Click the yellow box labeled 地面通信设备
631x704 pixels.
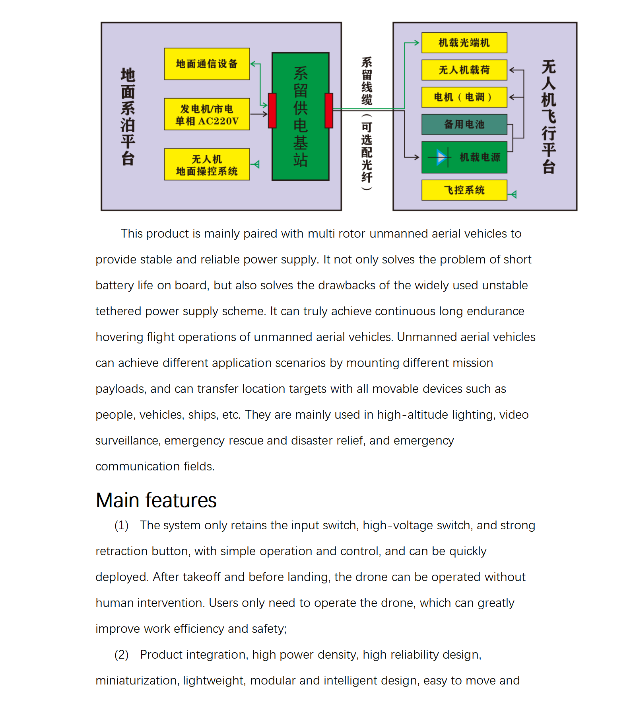point(207,64)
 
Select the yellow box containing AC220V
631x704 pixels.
point(207,114)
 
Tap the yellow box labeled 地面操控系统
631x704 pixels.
point(207,164)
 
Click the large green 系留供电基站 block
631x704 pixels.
point(301,117)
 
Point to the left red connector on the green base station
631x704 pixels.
point(272,111)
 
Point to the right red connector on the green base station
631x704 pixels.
point(329,111)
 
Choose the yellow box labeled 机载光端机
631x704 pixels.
point(464,43)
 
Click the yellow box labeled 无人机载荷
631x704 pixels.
point(464,70)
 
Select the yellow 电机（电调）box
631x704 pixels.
point(464,97)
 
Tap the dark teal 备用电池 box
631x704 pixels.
point(464,125)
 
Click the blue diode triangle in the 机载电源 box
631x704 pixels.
point(441,157)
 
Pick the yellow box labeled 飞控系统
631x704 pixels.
point(464,190)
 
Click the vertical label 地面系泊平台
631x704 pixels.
point(128,117)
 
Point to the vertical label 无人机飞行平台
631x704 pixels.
point(549,117)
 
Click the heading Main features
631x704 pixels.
point(156,500)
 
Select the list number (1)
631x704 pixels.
point(121,525)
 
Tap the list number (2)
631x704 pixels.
point(121,655)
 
